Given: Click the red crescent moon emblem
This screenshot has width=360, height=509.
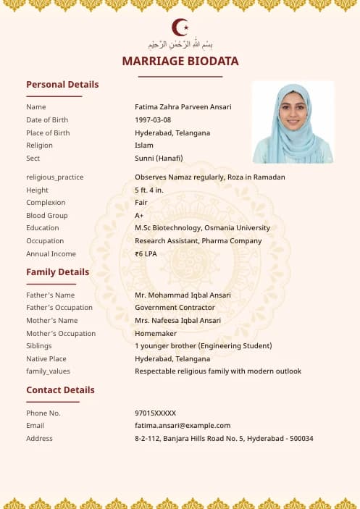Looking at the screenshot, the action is point(180,28).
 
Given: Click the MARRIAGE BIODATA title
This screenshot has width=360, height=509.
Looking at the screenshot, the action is point(180,61).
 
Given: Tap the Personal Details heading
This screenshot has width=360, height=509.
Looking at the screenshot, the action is point(62,84).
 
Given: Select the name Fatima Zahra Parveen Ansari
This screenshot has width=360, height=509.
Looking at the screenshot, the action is point(183,107).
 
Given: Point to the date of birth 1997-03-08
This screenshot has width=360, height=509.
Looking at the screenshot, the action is point(153,120).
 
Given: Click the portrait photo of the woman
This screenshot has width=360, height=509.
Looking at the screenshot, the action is point(293,122).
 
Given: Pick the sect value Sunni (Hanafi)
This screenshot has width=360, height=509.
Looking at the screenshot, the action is point(159,159).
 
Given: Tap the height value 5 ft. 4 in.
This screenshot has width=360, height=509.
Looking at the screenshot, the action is point(149,190).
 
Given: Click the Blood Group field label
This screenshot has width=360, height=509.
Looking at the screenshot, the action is point(47,216).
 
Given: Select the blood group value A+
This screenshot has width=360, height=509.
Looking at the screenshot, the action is point(139,216).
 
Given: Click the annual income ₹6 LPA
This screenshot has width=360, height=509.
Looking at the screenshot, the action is point(146,254).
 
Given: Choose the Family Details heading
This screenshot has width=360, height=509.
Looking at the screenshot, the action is point(58,272).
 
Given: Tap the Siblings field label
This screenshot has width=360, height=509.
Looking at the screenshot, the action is point(39,346).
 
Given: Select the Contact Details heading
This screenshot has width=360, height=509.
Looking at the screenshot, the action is point(60,390).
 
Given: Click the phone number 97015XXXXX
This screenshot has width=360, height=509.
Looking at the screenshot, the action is point(155,413).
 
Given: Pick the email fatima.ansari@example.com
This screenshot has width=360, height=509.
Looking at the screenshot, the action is point(183,426).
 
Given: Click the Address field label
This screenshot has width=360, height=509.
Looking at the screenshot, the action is point(39,438).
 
